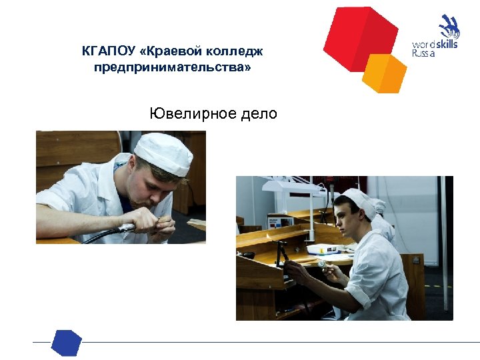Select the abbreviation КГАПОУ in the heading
(107, 51)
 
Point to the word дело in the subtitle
(260, 113)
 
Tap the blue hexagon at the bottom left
(66, 342)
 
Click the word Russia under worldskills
(424, 53)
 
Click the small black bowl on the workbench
(247, 254)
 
